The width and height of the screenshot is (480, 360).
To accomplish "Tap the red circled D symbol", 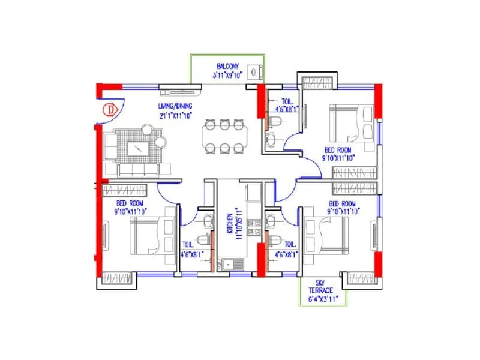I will pyautogui.click(x=110, y=110).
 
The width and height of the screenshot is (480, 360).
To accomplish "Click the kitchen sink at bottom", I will pyautogui.click(x=230, y=263).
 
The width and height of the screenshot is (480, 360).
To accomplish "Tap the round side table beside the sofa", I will pyautogui.click(x=160, y=142).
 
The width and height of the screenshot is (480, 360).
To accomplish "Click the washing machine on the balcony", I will pyautogui.click(x=256, y=71).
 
